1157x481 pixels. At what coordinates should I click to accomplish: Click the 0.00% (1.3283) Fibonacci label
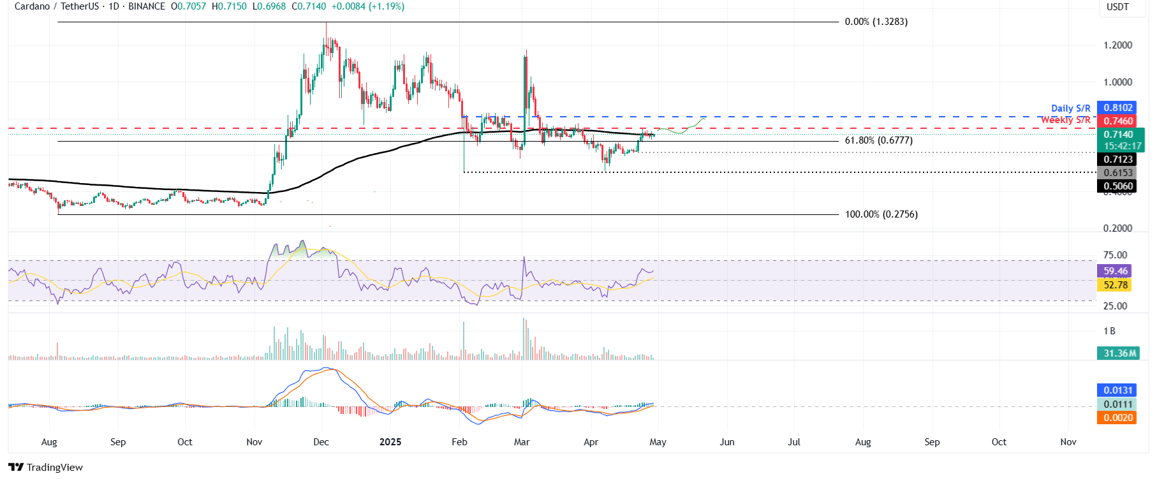pyautogui.click(x=876, y=22)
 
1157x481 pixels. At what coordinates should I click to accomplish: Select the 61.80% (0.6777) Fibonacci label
pyautogui.click(x=878, y=140)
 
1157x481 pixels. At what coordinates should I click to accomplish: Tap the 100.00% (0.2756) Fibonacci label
pyautogui.click(x=881, y=214)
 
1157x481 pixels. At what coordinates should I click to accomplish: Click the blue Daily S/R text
pyautogui.click(x=1070, y=108)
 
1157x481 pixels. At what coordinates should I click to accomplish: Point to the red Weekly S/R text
pyautogui.click(x=1065, y=120)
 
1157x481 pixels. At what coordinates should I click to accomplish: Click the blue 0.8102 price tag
pyautogui.click(x=1118, y=108)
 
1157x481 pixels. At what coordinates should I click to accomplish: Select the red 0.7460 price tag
pyautogui.click(x=1118, y=121)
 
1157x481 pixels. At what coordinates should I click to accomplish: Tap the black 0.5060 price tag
pyautogui.click(x=1118, y=186)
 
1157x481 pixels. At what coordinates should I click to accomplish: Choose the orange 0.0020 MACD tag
pyautogui.click(x=1118, y=418)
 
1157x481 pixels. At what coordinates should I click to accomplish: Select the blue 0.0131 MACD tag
pyautogui.click(x=1118, y=390)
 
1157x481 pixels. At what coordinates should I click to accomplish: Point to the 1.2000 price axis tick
pyautogui.click(x=1117, y=45)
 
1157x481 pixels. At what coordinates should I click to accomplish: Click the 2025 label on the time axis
pyautogui.click(x=390, y=442)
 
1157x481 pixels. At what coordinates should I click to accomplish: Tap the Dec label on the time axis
pyautogui.click(x=321, y=442)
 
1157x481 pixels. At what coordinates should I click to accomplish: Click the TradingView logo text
pyautogui.click(x=54, y=468)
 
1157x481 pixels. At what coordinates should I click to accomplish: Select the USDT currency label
pyautogui.click(x=1117, y=7)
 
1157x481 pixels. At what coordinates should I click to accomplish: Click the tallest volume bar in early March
pyautogui.click(x=524, y=339)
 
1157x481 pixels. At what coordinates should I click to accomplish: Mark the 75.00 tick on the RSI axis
pyautogui.click(x=1115, y=255)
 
